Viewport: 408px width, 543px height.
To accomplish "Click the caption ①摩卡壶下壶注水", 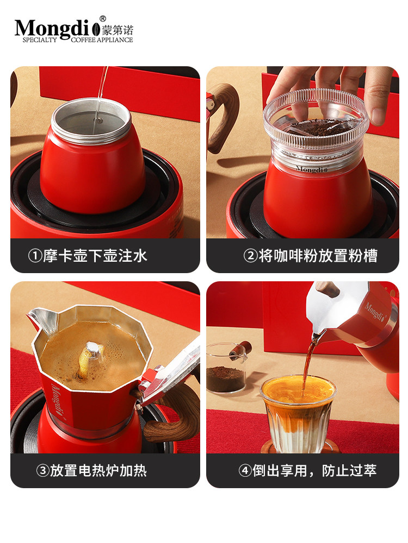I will pos(88,256).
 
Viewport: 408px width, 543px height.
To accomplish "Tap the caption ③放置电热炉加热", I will pos(91,470).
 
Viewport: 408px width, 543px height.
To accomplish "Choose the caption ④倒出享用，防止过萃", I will pos(307,470).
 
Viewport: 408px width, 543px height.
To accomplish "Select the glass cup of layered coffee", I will pos(297,413).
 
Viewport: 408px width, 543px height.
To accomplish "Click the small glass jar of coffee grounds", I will pos(226,369).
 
